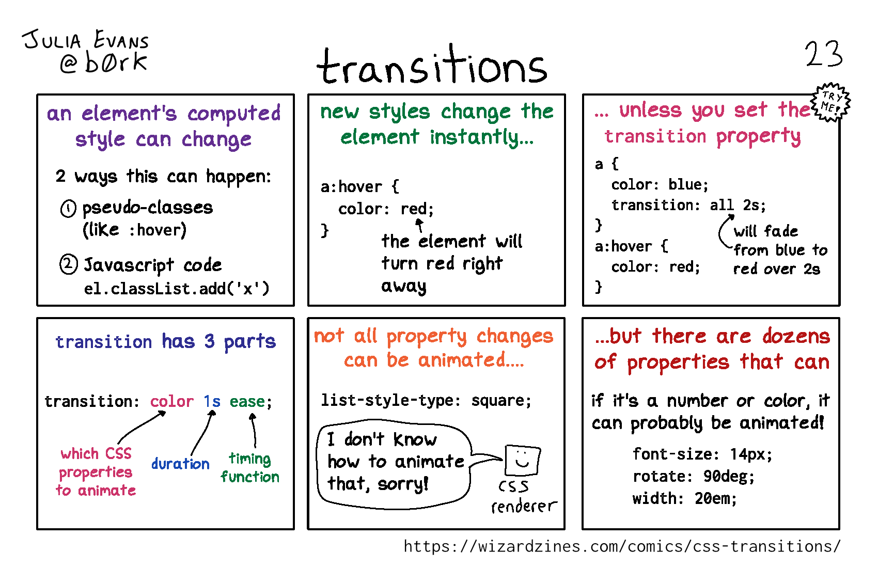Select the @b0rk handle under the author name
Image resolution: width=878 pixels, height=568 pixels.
[x=103, y=62]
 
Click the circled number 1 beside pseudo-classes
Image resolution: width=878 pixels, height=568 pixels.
[x=68, y=209]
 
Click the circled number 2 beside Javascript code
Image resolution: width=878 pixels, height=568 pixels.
[x=68, y=264]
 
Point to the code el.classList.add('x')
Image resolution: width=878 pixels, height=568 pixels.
[x=177, y=289]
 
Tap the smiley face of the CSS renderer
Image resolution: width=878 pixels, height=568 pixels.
[x=523, y=460]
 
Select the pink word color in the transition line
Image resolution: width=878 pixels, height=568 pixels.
[x=171, y=401]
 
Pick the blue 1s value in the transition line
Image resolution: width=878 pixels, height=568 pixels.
[x=212, y=401]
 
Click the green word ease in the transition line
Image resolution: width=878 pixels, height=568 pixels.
[x=247, y=401]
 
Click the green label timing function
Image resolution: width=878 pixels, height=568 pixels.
[x=250, y=468]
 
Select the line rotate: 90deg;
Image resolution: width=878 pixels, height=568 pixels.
[x=694, y=477]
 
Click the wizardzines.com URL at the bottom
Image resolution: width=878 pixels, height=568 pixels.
[x=622, y=546]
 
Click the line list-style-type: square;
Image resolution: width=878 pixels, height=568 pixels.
[x=426, y=401]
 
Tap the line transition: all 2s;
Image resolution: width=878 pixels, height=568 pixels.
[x=688, y=205]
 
